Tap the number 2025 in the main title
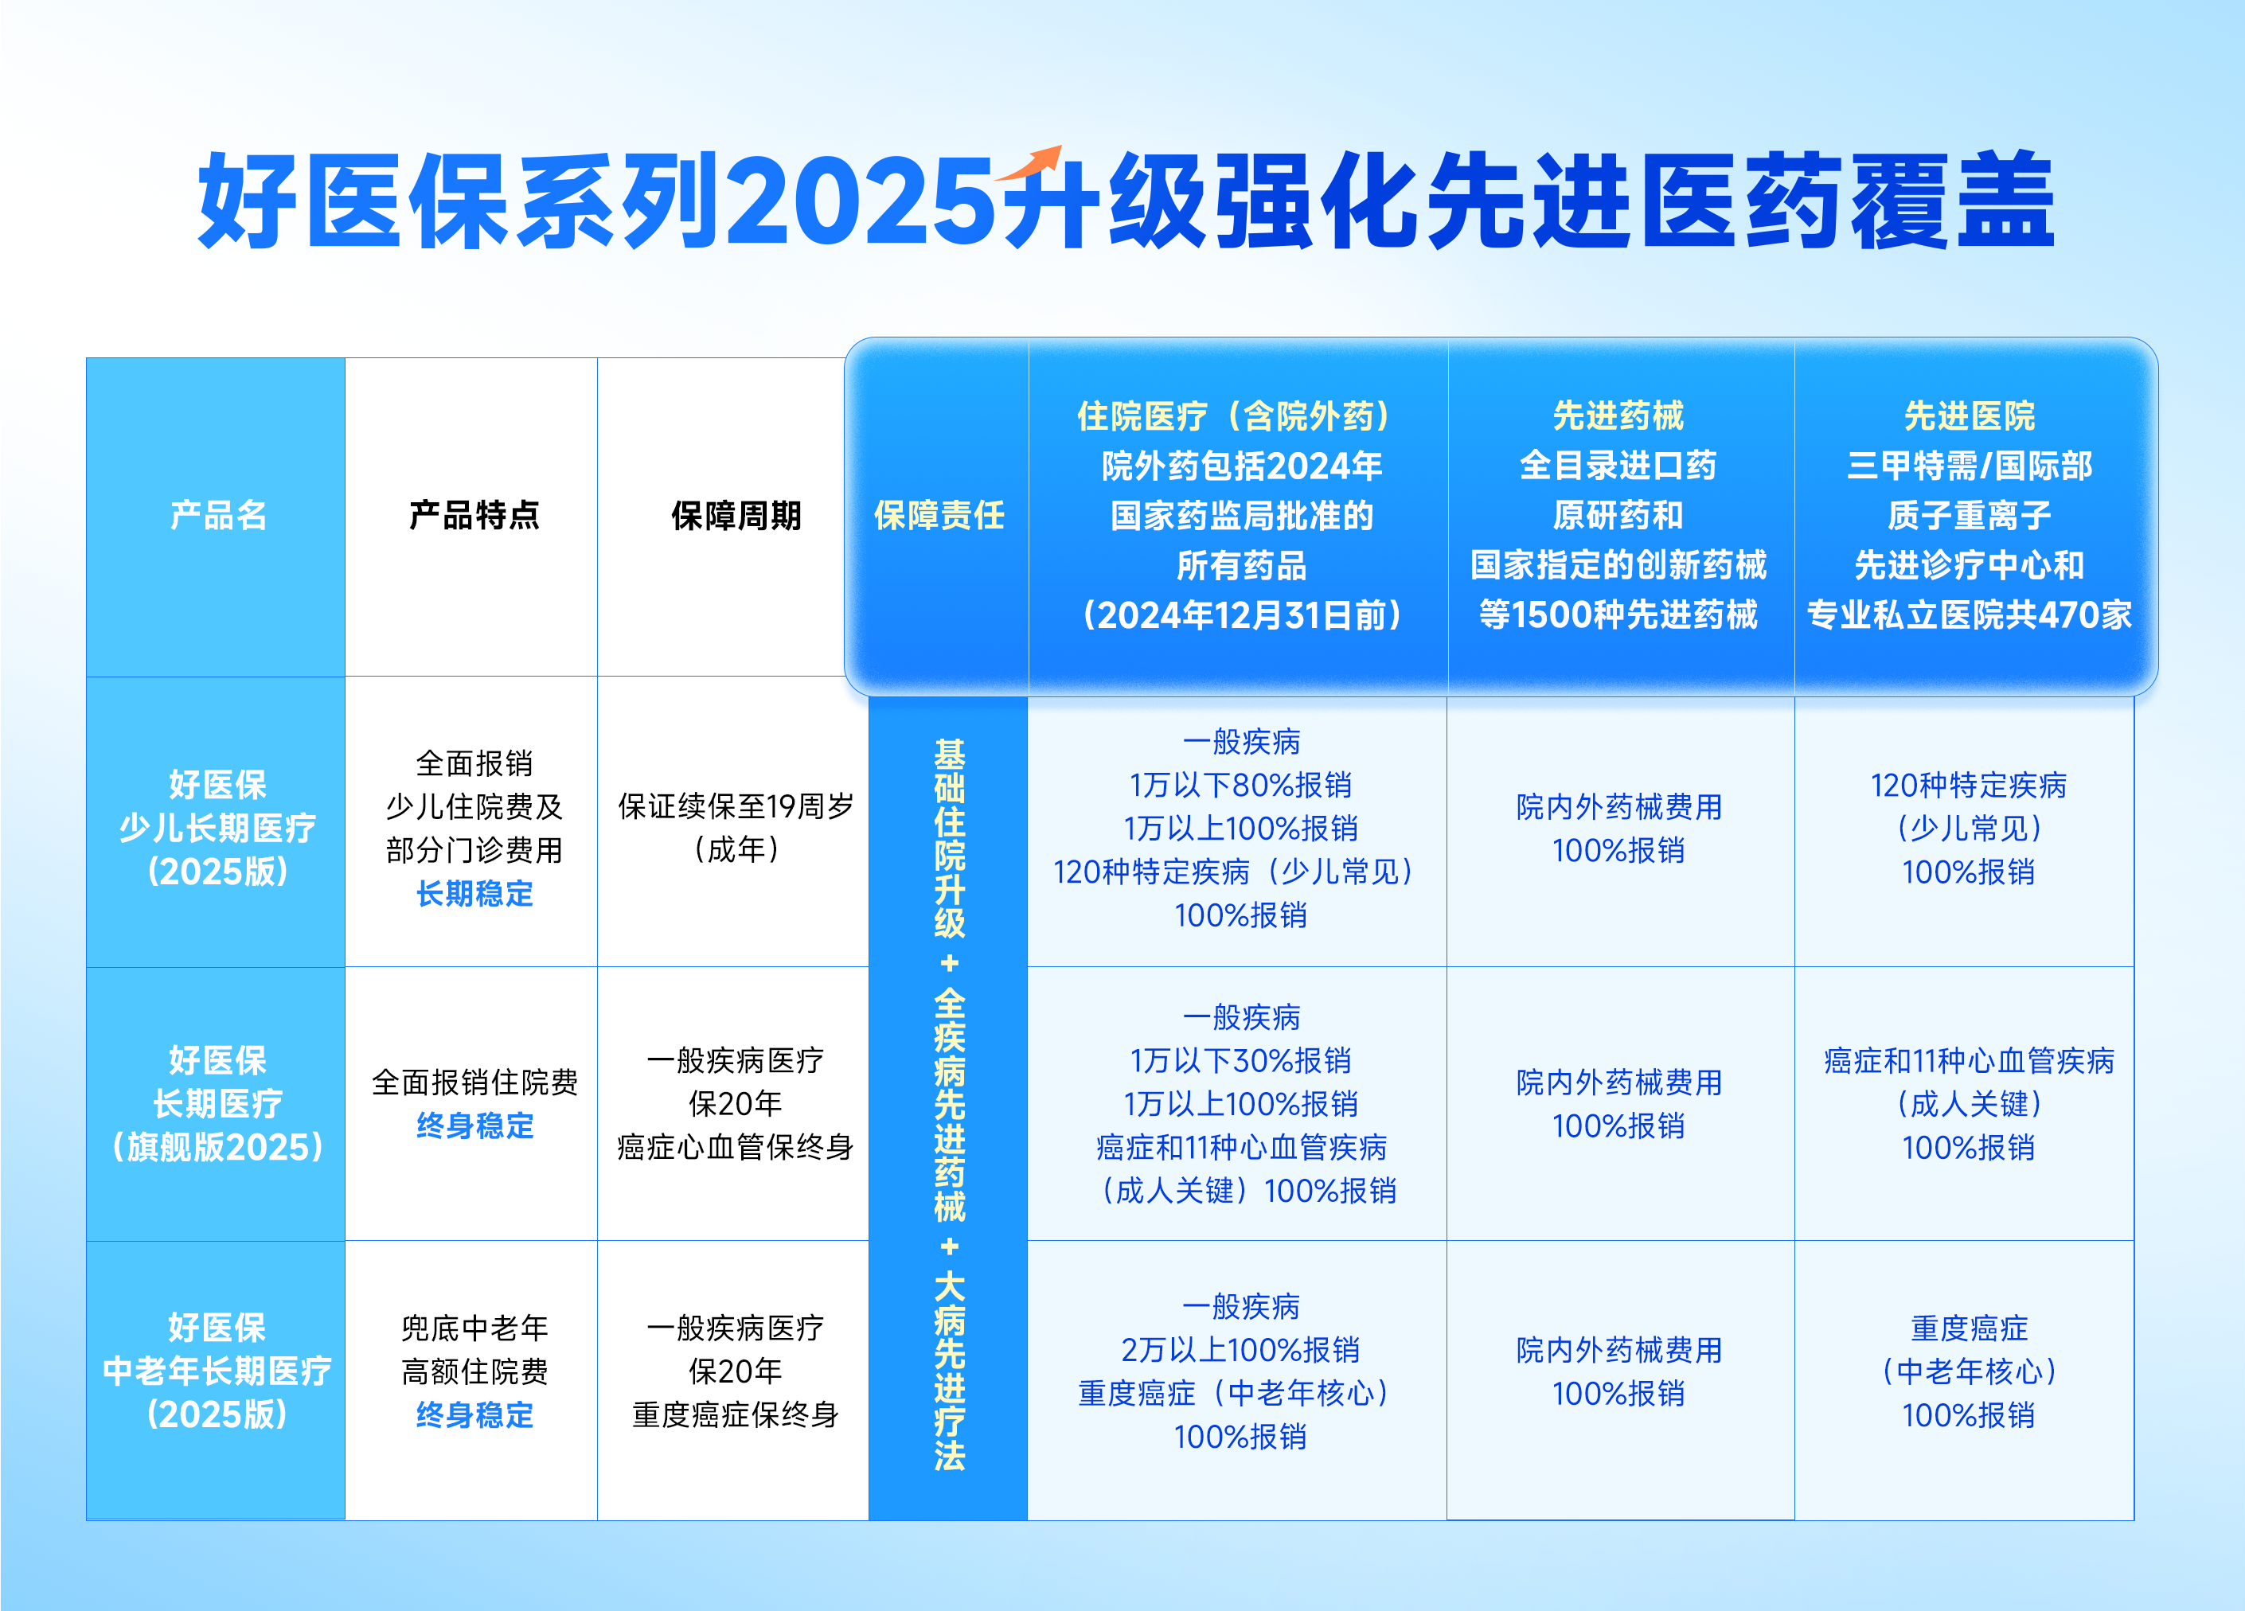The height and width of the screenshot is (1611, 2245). [x=859, y=202]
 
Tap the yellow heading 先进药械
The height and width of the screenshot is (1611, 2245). [x=1618, y=415]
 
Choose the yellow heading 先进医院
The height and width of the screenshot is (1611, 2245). [x=1969, y=415]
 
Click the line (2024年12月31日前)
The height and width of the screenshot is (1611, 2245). [x=1241, y=615]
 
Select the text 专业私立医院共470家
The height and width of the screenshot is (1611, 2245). [x=1969, y=615]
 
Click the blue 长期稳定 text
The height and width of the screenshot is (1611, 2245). [x=474, y=894]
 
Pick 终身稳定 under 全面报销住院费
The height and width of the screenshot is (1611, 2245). [x=474, y=1125]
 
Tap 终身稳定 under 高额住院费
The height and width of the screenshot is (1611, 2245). [x=474, y=1415]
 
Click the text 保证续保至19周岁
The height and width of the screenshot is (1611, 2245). [x=736, y=806]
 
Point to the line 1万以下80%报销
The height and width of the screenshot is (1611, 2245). [x=1240, y=785]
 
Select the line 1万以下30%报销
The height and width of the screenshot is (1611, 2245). [x=1240, y=1061]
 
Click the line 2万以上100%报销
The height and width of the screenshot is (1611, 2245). [x=1240, y=1350]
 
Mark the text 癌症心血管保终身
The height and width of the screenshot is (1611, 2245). [x=736, y=1147]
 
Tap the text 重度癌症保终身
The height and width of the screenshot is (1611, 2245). [x=736, y=1415]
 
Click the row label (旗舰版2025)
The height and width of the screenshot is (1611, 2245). [x=218, y=1147]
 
